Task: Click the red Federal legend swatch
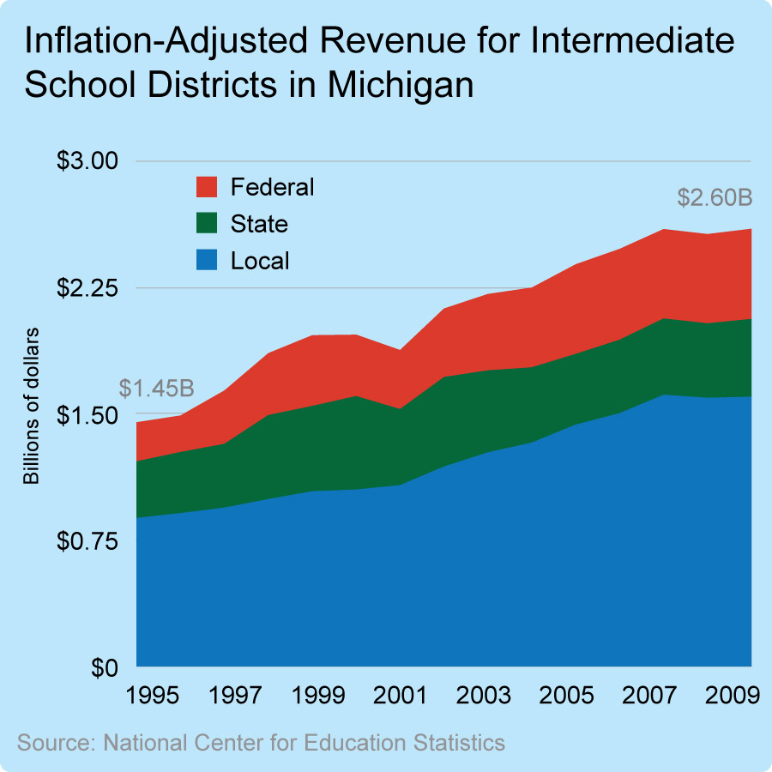(x=208, y=186)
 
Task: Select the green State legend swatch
(x=208, y=224)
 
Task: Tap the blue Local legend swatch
(x=208, y=261)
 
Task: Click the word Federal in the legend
(x=273, y=186)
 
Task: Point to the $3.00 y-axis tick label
(x=83, y=160)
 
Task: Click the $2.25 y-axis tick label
(x=83, y=287)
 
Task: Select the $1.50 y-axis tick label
(x=83, y=414)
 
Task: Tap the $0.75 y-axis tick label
(x=83, y=541)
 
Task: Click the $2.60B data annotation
(x=715, y=198)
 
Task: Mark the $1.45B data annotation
(x=156, y=389)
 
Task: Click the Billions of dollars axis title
(x=33, y=406)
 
